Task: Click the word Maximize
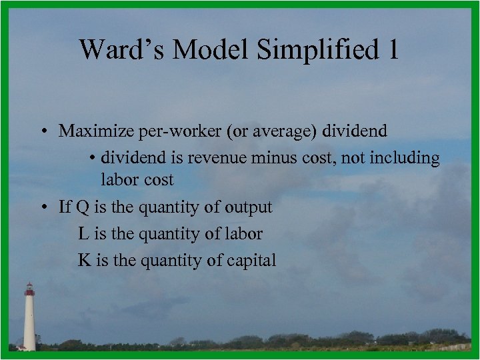pyautogui.click(x=95, y=131)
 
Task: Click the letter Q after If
pyautogui.click(x=83, y=207)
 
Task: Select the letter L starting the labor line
pyautogui.click(x=83, y=233)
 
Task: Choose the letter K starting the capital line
pyautogui.click(x=84, y=260)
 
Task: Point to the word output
pyautogui.click(x=247, y=207)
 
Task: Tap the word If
pyautogui.click(x=65, y=207)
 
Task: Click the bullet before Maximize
pyautogui.click(x=41, y=131)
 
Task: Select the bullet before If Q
pyautogui.click(x=41, y=207)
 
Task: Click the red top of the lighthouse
pyautogui.click(x=29, y=289)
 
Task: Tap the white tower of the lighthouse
pyautogui.click(x=29, y=323)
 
